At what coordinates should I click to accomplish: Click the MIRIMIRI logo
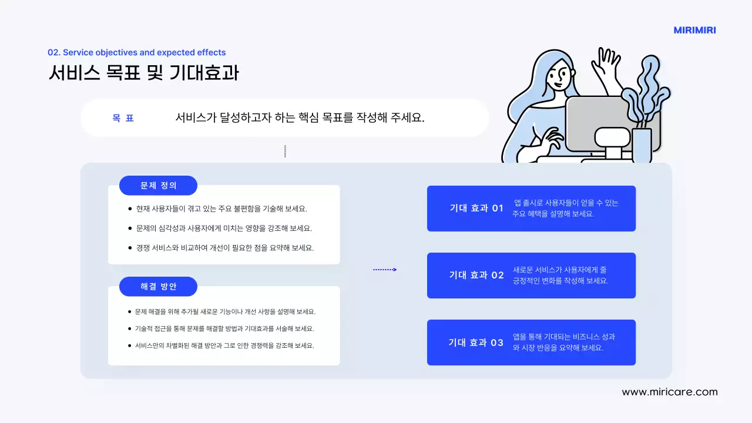tap(694, 31)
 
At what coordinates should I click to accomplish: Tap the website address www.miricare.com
tap(670, 392)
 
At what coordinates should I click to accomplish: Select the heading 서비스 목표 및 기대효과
tap(143, 72)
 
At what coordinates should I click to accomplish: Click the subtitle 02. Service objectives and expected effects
tap(137, 52)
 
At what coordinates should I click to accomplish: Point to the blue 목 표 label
tap(123, 118)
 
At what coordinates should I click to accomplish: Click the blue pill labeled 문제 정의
tap(158, 186)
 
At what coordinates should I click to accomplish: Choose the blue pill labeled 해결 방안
tap(158, 287)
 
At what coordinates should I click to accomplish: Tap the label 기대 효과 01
tap(476, 208)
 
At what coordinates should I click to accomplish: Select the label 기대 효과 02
tap(476, 275)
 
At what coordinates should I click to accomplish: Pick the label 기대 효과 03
tap(476, 343)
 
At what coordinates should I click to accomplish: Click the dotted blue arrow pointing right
tap(385, 270)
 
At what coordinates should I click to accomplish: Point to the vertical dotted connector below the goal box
tap(285, 151)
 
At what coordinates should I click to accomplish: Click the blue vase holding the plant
tap(642, 146)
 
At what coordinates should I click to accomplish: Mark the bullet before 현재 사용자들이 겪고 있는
tap(130, 209)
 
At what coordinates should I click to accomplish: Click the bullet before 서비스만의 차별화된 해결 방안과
tap(130, 345)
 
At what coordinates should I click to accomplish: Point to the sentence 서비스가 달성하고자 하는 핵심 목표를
tap(300, 117)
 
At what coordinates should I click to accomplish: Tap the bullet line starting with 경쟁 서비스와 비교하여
tap(225, 248)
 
